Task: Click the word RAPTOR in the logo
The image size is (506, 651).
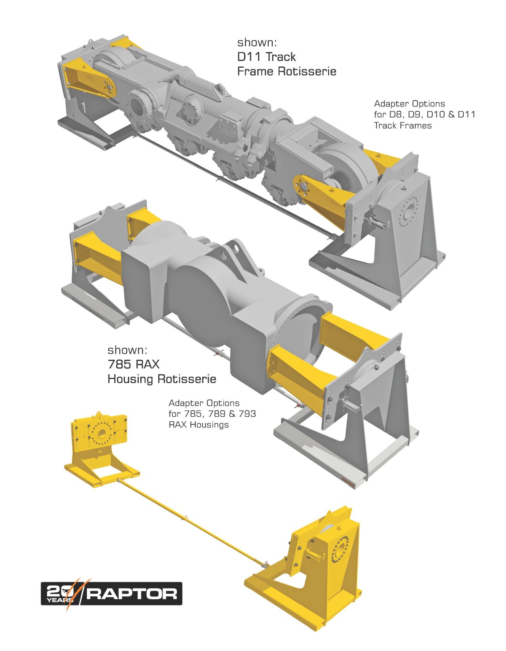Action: (x=132, y=594)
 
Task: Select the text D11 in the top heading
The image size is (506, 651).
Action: (x=249, y=57)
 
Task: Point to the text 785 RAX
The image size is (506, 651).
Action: (x=134, y=364)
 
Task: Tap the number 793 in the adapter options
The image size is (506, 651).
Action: (x=247, y=414)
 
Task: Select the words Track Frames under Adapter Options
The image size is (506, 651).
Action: (x=402, y=126)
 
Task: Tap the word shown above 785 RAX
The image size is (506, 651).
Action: (x=127, y=350)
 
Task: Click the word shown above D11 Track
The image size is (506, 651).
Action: (x=257, y=42)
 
